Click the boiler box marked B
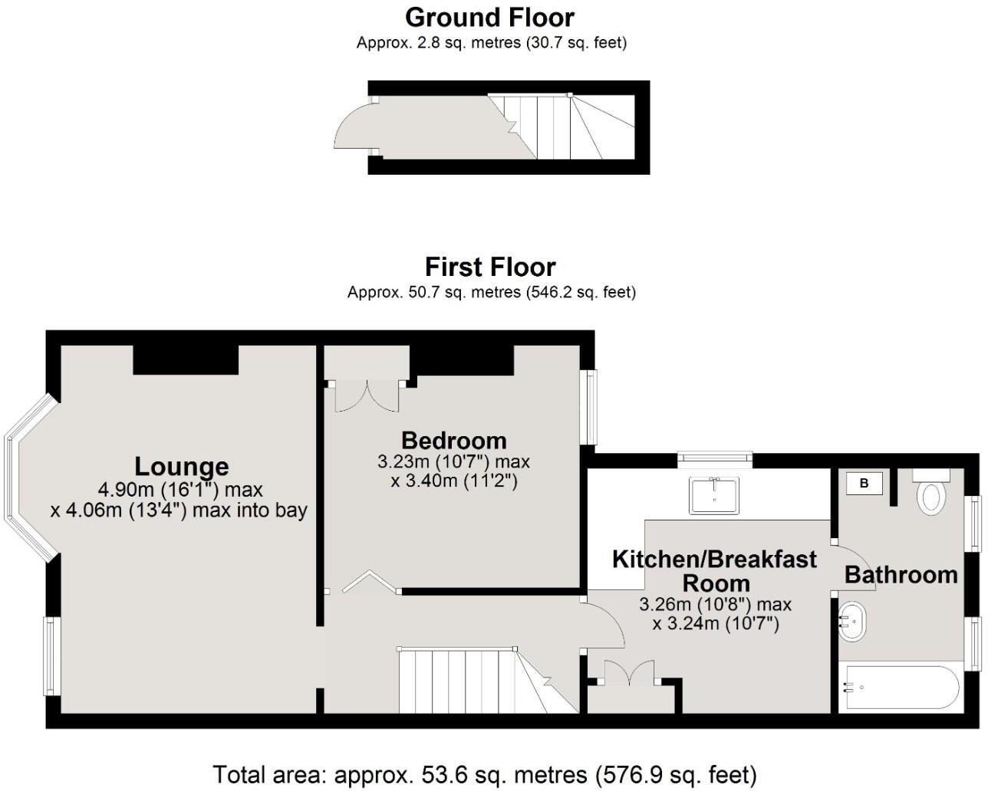coord(864,483)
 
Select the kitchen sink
coord(713,495)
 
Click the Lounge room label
coord(181,467)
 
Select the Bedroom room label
coord(454,441)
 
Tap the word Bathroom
coord(901,575)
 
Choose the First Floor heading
coord(490,267)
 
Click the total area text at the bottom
coord(484,775)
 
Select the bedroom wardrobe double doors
coord(367,395)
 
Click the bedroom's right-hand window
coord(588,407)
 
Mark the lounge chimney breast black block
coord(186,359)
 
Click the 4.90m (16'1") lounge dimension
coord(180,490)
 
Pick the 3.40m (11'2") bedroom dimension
coord(454,481)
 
